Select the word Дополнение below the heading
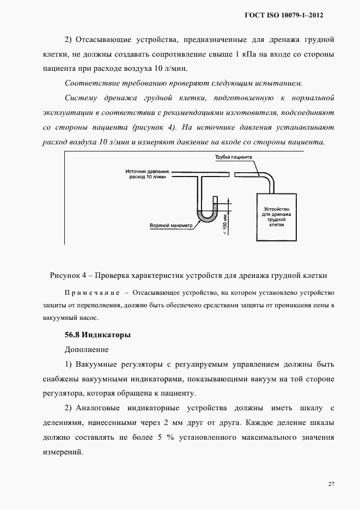click(87, 349)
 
